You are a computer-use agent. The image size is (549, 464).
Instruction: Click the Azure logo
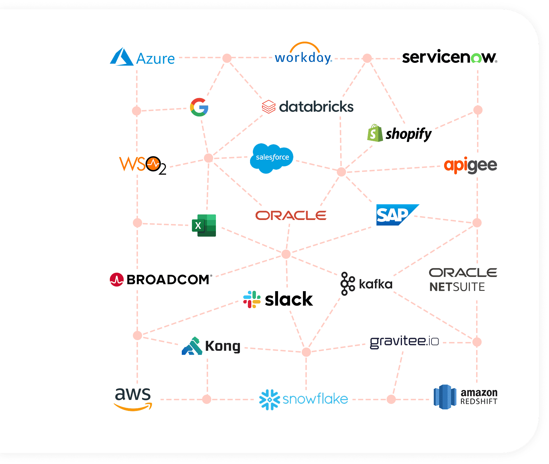(142, 57)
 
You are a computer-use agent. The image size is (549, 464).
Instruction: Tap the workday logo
(304, 53)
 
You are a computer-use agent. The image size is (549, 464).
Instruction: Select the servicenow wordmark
(450, 57)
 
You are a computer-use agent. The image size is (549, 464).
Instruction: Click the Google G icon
(199, 107)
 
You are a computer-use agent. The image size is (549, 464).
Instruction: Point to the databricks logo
(308, 107)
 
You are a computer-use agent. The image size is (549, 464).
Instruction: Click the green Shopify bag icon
(375, 133)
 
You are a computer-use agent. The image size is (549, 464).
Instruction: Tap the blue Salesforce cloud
(272, 158)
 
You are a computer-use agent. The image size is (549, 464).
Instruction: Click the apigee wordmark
(471, 165)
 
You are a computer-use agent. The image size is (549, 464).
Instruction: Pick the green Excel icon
(204, 226)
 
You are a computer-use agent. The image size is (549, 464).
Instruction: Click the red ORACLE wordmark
(291, 215)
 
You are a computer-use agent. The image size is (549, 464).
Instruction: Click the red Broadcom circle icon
(117, 279)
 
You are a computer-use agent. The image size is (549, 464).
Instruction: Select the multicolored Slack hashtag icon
(252, 299)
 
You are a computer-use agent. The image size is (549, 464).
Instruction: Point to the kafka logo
(366, 284)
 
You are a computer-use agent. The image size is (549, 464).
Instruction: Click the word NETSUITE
(457, 287)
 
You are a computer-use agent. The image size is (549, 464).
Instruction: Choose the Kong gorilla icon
(192, 346)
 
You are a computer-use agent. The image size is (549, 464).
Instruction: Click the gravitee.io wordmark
(404, 342)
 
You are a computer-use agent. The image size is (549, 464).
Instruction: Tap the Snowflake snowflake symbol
(269, 400)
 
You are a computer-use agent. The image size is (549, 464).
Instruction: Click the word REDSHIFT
(479, 401)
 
